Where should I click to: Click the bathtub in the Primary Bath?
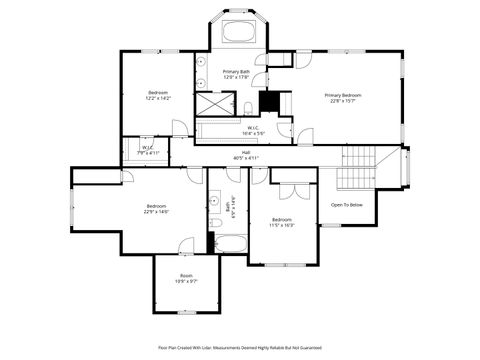[237, 31]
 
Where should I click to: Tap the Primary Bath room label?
[237, 72]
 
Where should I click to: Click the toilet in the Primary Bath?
[247, 108]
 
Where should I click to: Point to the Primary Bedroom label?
[342, 96]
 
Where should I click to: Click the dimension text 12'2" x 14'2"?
[159, 98]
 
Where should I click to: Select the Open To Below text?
[346, 205]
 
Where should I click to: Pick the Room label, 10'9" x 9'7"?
[186, 278]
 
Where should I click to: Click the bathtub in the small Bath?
[229, 244]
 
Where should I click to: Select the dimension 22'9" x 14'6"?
[156, 210]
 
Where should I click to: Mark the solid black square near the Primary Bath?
[267, 102]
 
